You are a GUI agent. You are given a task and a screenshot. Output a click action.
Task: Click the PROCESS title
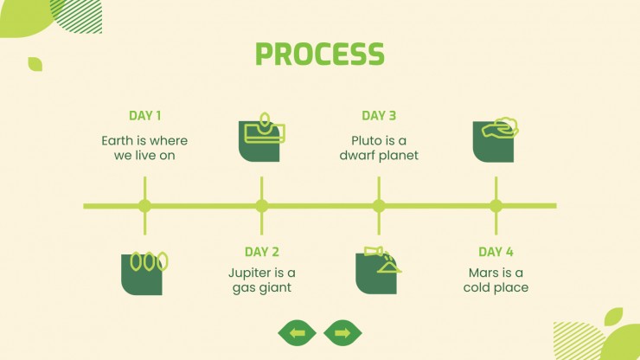[320, 54]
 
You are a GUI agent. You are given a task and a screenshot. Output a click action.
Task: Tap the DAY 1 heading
[144, 116]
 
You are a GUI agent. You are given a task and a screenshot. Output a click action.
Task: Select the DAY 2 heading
[261, 253]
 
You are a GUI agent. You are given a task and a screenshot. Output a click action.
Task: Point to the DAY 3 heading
[379, 116]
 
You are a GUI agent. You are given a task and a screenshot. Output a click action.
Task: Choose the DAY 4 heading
[496, 253]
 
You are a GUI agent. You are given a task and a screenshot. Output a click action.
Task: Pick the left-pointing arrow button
[298, 332]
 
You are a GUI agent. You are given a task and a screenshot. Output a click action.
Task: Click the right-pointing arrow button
[342, 332]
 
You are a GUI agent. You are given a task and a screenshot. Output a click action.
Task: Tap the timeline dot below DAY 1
[144, 206]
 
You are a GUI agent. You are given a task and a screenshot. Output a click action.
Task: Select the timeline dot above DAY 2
[261, 206]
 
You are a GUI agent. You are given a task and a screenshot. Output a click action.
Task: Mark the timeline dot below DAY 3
[379, 206]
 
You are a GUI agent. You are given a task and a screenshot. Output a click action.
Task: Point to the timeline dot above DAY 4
[496, 206]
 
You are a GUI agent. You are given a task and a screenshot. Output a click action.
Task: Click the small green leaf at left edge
[35, 64]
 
